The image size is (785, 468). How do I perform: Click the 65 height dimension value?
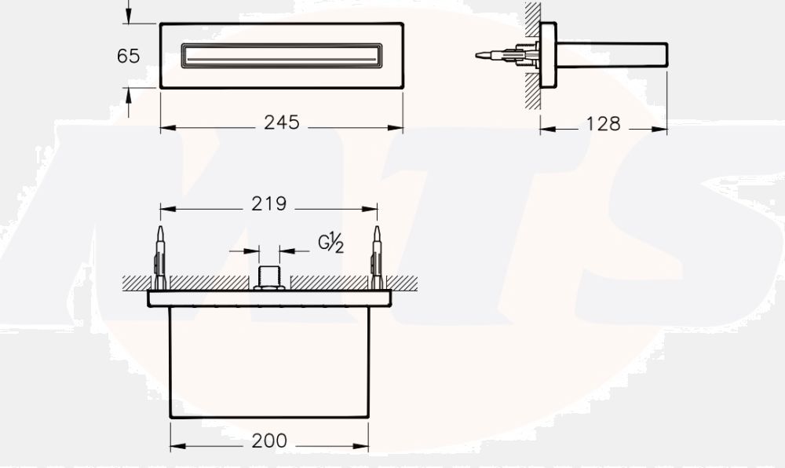coord(128,56)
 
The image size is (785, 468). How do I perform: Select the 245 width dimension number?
coord(282,122)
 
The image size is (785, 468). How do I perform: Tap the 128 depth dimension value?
coord(603,123)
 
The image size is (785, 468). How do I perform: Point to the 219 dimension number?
coord(268,203)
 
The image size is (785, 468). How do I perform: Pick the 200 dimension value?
coord(269,441)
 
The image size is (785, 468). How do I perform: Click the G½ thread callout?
coord(331,243)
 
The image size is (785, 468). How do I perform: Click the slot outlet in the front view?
coord(282,56)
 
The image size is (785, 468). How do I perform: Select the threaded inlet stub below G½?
coord(268,276)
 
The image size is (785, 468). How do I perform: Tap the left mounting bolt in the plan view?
coord(160,258)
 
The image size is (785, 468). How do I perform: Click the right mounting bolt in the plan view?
coord(377,258)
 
